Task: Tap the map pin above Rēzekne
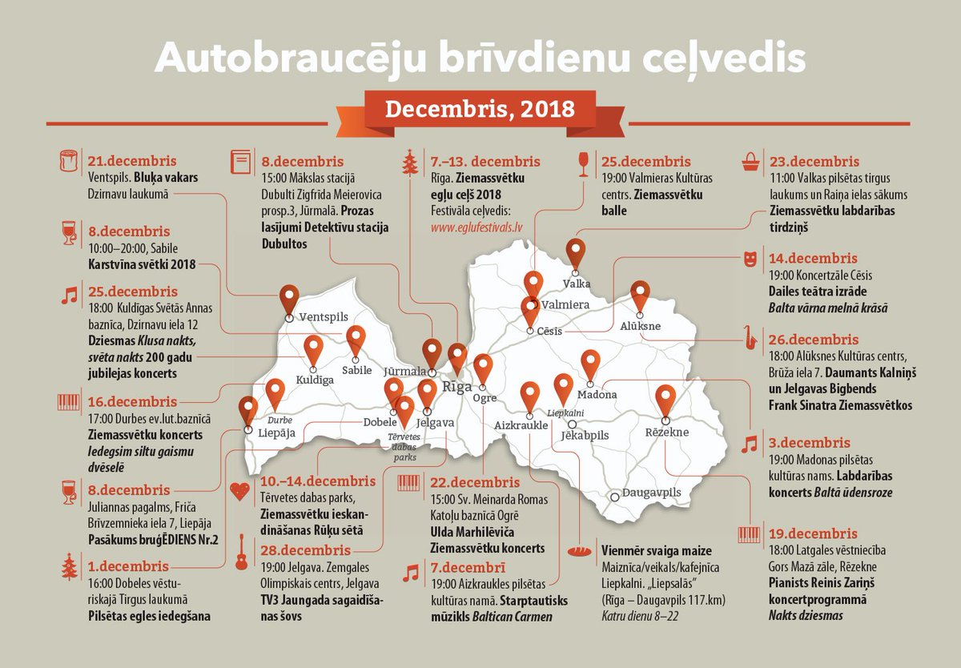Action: point(665,399)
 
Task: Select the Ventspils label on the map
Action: point(323,317)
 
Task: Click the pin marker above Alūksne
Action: point(640,296)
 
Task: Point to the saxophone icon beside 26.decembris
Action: point(750,338)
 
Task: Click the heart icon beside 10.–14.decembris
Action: point(239,491)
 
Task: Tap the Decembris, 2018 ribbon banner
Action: point(480,109)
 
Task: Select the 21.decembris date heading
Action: point(131,161)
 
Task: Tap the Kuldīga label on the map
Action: point(315,380)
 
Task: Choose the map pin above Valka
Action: point(576,252)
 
